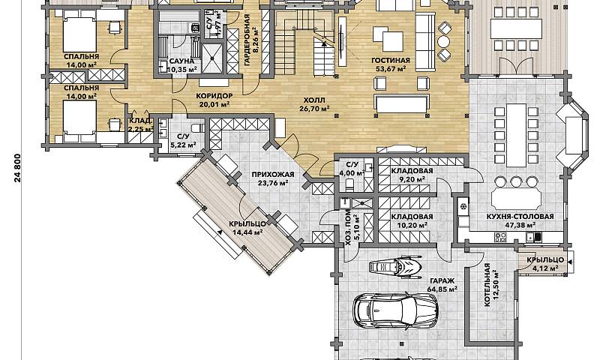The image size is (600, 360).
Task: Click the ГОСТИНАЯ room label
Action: click(390, 61)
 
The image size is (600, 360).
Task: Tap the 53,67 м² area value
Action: click(390, 69)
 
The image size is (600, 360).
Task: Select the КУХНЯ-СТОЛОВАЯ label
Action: click(520, 217)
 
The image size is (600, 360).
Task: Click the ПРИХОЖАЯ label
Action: click(273, 175)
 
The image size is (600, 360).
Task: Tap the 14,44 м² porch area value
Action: click(247, 232)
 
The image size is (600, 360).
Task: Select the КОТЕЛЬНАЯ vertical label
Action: click(487, 285)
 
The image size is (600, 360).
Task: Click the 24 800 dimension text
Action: click(17, 168)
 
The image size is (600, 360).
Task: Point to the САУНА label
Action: click(181, 61)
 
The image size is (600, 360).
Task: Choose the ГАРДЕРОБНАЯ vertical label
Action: click(247, 40)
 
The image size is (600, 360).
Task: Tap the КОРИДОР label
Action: click(214, 96)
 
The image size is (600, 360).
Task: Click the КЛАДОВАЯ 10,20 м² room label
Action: click(412, 220)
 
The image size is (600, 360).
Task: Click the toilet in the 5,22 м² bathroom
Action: click(196, 127)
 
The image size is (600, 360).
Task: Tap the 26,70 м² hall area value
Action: click(314, 108)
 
